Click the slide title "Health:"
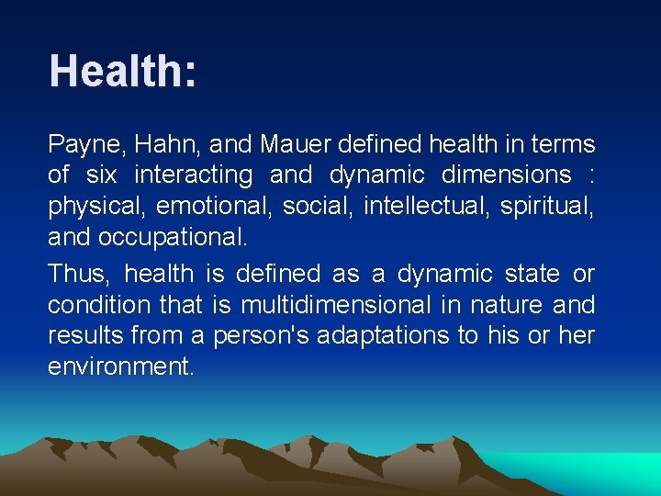click(x=122, y=72)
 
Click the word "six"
click(x=101, y=175)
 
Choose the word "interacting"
click(x=193, y=175)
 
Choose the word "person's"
click(x=262, y=336)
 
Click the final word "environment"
click(x=119, y=367)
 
